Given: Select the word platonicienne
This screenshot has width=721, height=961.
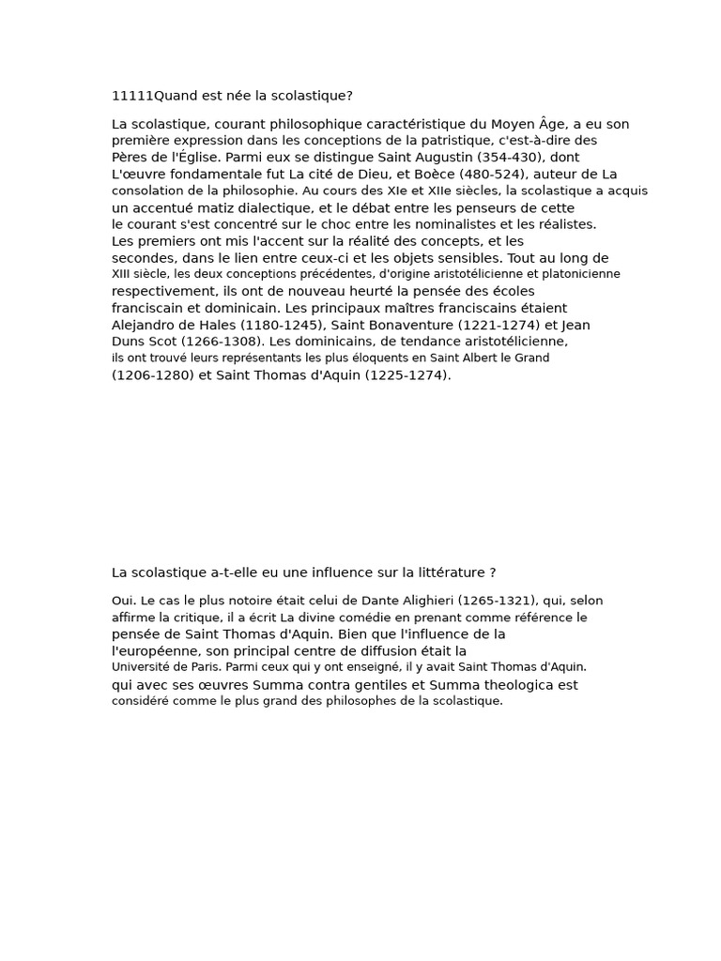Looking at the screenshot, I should point(579,274).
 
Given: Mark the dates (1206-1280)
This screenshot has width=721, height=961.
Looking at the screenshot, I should point(153,375).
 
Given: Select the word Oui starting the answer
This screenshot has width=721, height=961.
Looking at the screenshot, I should point(123,601).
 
